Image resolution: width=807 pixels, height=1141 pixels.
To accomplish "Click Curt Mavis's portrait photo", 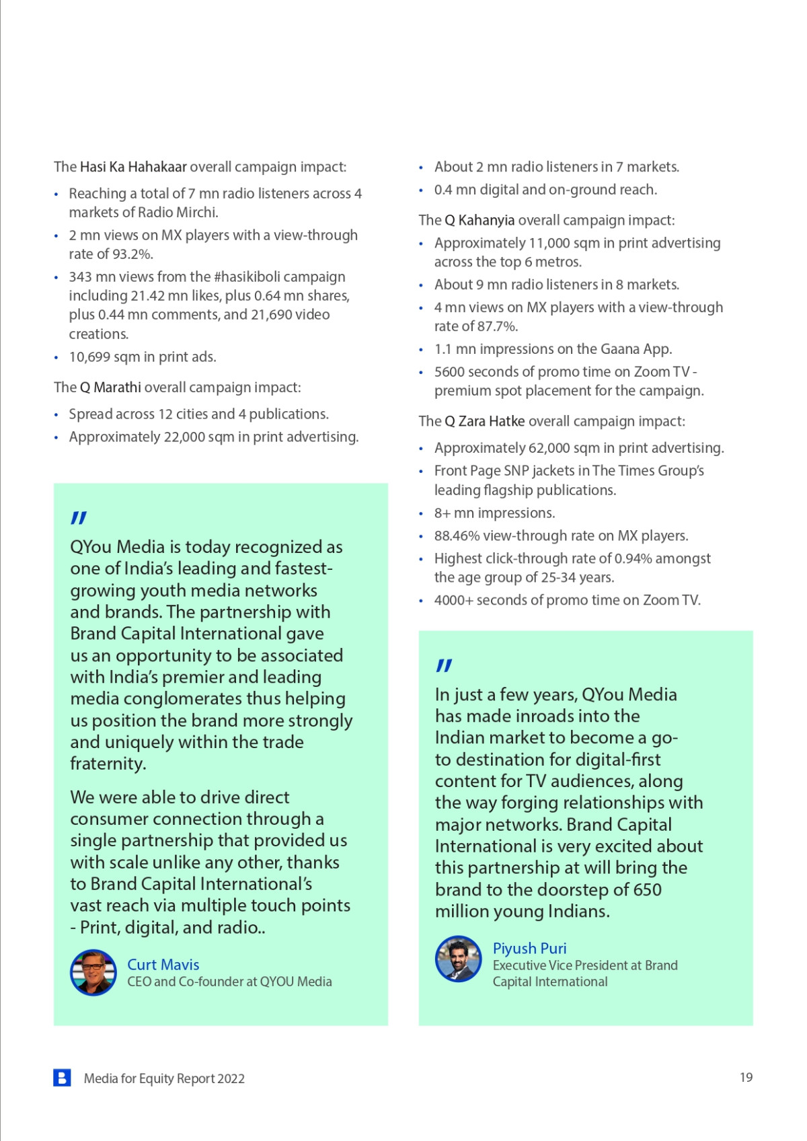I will click(93, 972).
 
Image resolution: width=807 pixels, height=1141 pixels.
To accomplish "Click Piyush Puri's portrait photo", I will click(459, 958).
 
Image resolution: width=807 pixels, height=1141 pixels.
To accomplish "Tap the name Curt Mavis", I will click(163, 964).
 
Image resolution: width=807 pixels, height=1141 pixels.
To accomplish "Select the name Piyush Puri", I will click(529, 948).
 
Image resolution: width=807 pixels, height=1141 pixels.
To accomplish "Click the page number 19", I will click(746, 1077).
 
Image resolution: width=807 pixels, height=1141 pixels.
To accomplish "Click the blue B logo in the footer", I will click(62, 1078).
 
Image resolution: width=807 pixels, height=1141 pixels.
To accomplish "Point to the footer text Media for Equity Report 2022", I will click(164, 1078).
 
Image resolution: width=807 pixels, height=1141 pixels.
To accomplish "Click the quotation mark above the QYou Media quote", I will click(79, 518).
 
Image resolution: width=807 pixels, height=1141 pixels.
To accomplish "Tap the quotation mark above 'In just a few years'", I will click(444, 665).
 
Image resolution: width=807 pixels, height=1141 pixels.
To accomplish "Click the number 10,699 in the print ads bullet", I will click(89, 357).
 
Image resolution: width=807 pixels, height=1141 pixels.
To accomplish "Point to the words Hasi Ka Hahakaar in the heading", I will click(133, 167).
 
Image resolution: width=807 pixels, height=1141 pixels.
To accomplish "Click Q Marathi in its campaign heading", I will click(110, 388).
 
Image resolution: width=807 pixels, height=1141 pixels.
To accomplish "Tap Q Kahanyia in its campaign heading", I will click(479, 220).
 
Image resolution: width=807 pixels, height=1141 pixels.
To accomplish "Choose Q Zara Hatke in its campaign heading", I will click(484, 421).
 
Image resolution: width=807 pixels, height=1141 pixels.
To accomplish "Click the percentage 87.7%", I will click(497, 326).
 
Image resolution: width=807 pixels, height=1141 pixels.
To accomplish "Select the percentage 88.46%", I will click(457, 536).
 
